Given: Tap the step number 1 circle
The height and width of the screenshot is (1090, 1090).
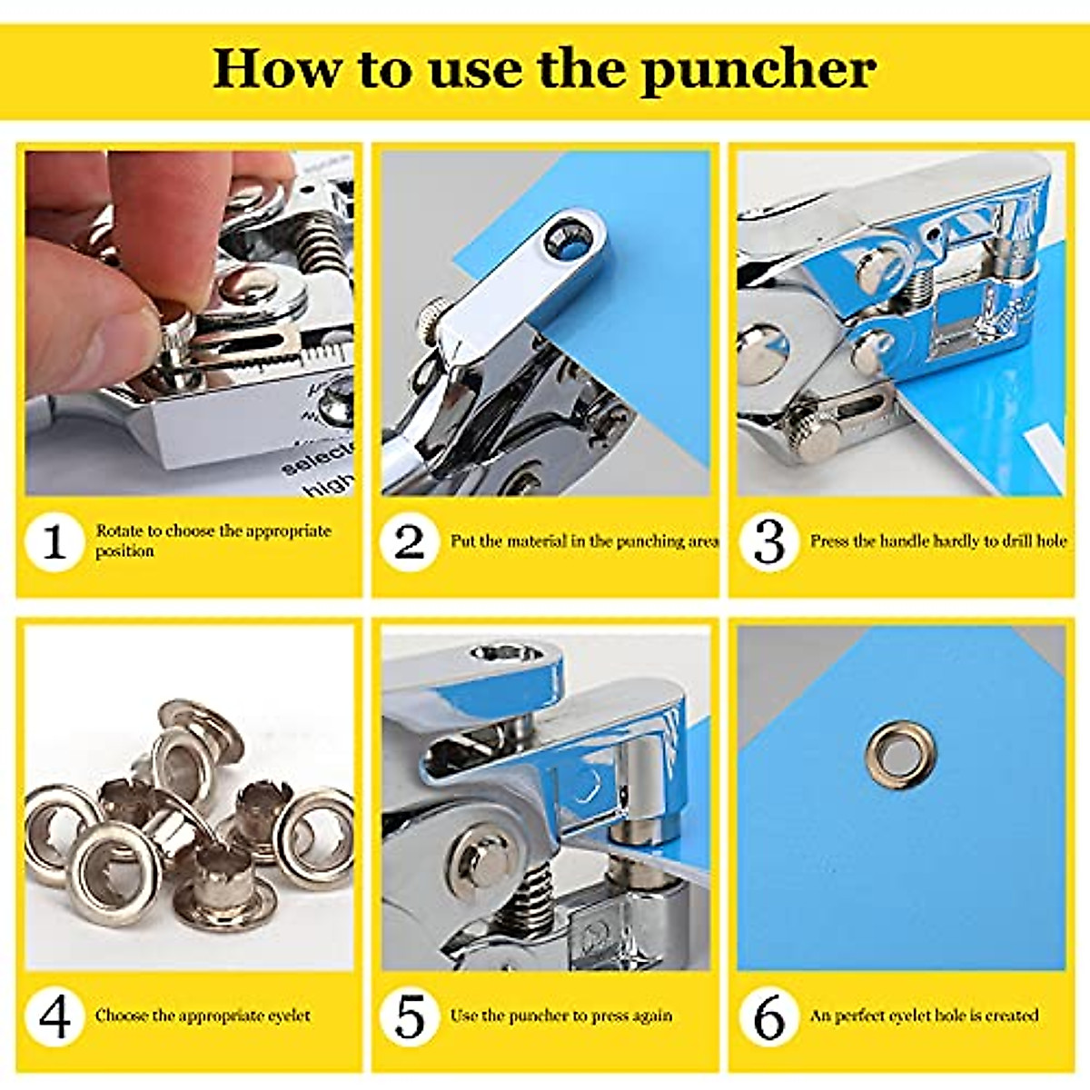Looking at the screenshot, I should point(54,542).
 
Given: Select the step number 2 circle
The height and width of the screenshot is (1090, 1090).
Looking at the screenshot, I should point(410,542).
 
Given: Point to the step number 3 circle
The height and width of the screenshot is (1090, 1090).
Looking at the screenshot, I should point(768,542).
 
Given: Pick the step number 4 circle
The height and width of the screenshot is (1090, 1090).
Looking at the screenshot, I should point(54,1016).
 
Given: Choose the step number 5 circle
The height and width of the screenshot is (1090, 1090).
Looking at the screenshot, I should point(410,1016).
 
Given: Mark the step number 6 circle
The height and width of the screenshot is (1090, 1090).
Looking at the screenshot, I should point(768,1016).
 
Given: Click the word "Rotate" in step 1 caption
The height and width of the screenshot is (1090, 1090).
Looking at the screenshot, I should point(120,530).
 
